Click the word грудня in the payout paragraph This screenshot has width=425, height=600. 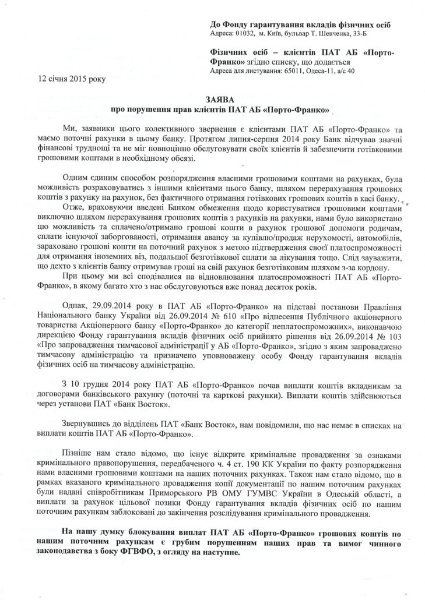tap(94, 386)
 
